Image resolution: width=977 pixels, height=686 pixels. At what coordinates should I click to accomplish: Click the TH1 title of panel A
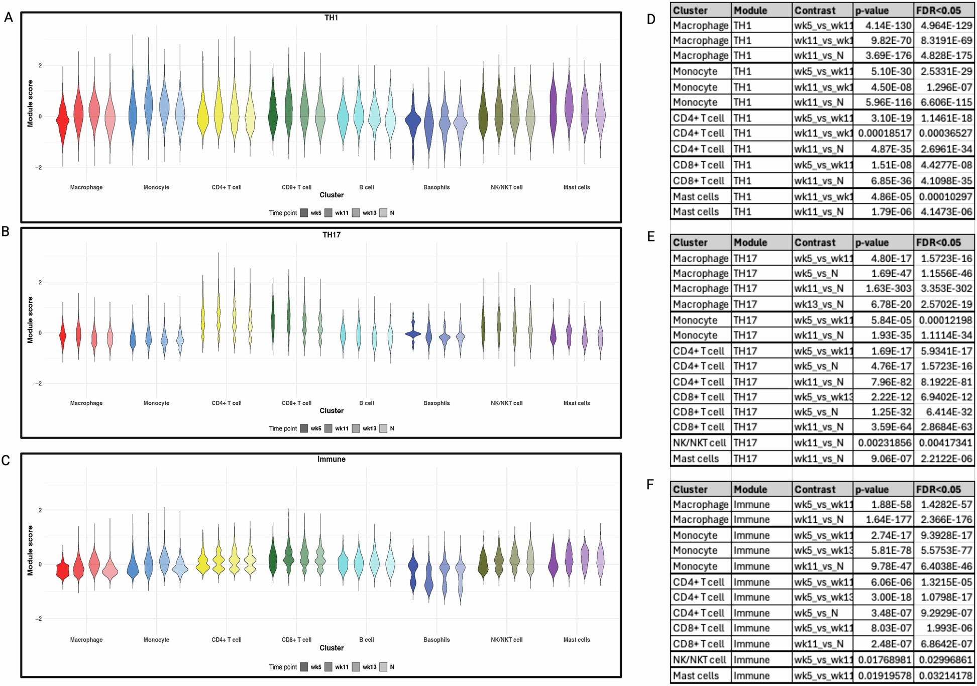coord(331,18)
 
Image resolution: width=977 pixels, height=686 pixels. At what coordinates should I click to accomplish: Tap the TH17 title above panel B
coord(331,235)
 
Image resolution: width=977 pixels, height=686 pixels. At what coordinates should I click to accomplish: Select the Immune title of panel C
coord(331,459)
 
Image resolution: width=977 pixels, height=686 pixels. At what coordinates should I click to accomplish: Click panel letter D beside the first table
coord(651,20)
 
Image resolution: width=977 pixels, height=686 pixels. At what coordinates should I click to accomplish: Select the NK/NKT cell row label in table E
coord(699,442)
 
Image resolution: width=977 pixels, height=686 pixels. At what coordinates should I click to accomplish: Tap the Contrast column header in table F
coord(815,489)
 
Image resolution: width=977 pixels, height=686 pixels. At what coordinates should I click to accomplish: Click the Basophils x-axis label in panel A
coord(436,187)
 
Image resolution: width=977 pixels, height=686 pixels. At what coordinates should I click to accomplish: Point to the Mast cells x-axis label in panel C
coord(576,640)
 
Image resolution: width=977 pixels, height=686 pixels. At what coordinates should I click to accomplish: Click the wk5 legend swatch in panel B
coord(304,428)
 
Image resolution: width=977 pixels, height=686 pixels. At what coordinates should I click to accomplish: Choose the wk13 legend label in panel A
coord(369,213)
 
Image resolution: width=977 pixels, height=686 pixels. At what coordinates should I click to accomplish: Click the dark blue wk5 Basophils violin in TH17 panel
coord(413,332)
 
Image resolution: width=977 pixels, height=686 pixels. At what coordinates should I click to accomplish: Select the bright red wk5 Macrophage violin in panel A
coord(63,120)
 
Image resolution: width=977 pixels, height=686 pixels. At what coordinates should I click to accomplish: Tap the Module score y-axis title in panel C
coord(30,550)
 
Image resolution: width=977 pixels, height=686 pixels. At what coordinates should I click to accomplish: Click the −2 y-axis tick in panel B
coord(38,384)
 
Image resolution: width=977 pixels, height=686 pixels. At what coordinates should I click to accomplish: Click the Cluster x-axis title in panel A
coord(331,195)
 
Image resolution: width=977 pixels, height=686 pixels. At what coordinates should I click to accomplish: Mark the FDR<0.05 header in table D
coord(938,10)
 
